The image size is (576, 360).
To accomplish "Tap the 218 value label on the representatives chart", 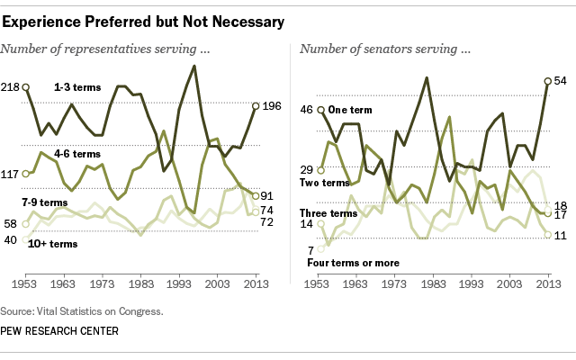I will [13, 87].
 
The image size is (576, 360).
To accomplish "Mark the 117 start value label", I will [13, 173].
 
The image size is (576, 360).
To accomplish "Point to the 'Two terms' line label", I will [323, 183].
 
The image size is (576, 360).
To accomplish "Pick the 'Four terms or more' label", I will [352, 263].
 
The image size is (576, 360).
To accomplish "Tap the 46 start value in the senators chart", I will [307, 110].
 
